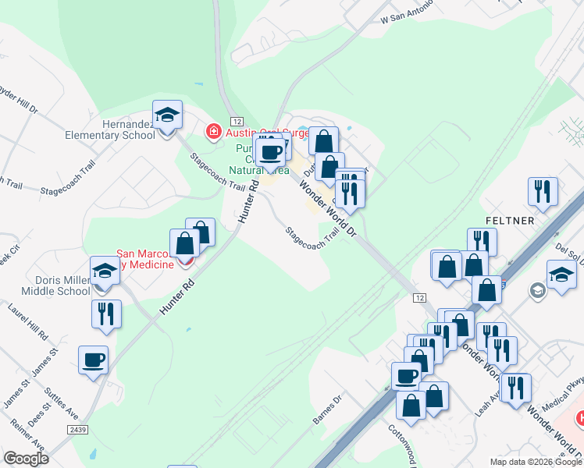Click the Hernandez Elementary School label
point(129,129)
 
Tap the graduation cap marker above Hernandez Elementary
point(167,116)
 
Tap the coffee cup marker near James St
point(94,360)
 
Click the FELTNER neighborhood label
point(509,221)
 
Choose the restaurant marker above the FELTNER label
point(542,192)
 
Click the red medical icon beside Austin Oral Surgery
point(212,132)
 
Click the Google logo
point(27,458)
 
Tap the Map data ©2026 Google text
point(536,461)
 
